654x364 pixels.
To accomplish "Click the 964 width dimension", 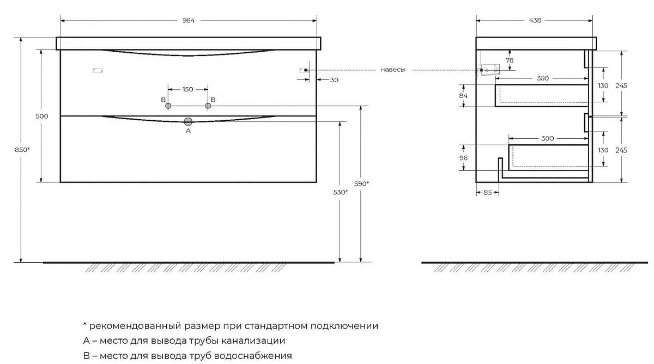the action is click(x=189, y=20).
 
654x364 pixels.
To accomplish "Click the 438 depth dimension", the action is click(x=535, y=20).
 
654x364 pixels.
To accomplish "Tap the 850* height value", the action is click(x=22, y=150).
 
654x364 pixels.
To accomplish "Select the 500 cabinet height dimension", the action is click(x=42, y=116).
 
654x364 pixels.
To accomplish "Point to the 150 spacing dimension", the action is click(x=187, y=89).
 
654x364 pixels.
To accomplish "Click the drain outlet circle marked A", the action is click(x=188, y=121).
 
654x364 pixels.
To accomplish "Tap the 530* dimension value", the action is click(x=341, y=193).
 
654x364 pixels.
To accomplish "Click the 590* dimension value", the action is click(x=361, y=184).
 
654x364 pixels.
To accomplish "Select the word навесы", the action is click(x=393, y=70).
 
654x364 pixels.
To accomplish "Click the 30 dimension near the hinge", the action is click(x=334, y=80).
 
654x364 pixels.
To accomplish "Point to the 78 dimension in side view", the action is click(x=510, y=60).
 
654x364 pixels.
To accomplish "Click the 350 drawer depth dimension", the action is click(x=543, y=78).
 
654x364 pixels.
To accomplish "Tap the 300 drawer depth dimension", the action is click(x=547, y=138).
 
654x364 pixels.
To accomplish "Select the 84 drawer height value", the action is click(x=463, y=96).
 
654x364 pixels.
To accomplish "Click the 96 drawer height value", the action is click(x=463, y=158).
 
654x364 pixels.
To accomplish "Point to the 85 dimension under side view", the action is click(x=488, y=193).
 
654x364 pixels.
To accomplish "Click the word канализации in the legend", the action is click(x=253, y=341).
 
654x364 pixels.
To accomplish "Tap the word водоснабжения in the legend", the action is click(x=253, y=355).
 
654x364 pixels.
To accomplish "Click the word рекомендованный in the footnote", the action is click(x=135, y=325).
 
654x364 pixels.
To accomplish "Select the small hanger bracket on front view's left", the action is click(x=98, y=70).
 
